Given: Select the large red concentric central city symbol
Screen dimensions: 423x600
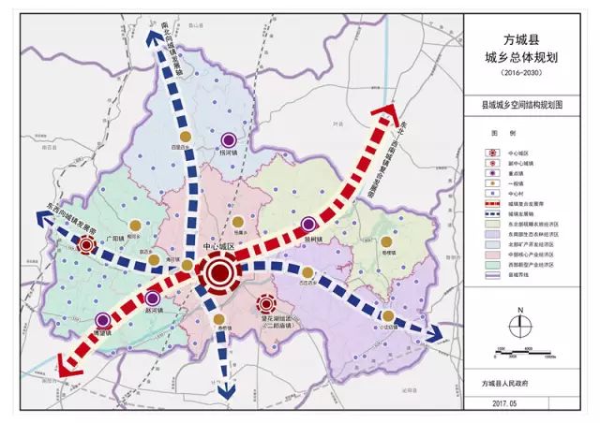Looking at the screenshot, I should (x=219, y=273).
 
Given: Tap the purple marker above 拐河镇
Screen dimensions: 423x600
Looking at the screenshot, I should (x=225, y=136).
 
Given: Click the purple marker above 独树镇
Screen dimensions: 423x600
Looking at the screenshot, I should (x=310, y=225).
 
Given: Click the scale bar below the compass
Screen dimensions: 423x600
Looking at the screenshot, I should (x=523, y=353).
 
